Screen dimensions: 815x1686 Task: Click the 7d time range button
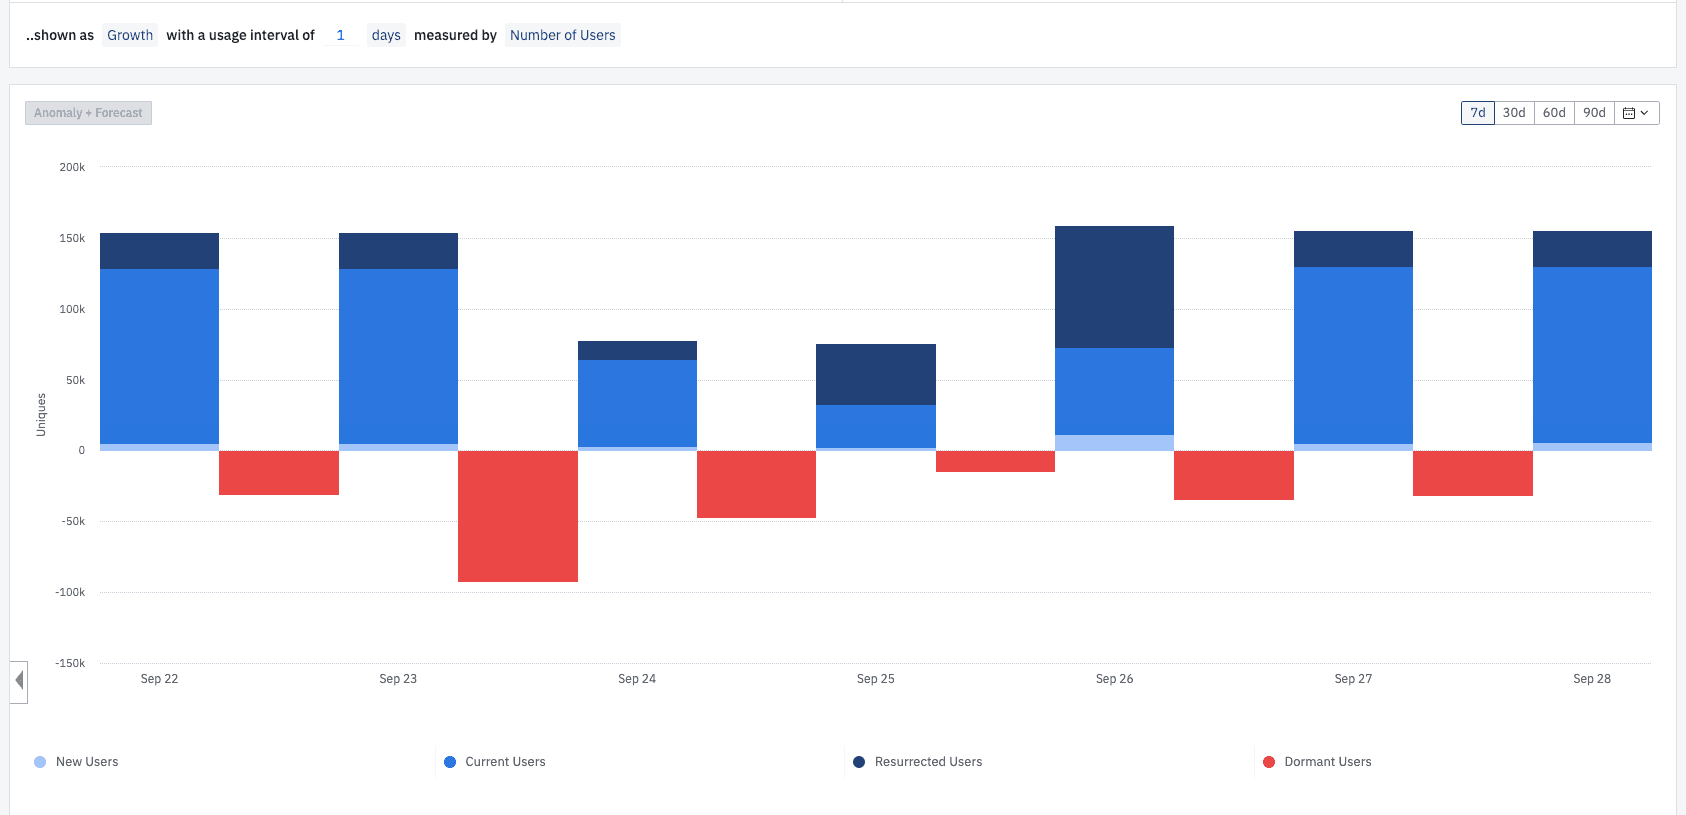tap(1477, 113)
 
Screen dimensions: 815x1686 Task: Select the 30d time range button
tap(1514, 113)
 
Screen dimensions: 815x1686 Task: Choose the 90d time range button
tap(1594, 113)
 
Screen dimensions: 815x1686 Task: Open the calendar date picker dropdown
tap(1636, 113)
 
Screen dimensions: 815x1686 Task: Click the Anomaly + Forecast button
tap(88, 113)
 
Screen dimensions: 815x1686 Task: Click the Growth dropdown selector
tap(130, 35)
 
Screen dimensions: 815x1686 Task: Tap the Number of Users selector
tap(562, 35)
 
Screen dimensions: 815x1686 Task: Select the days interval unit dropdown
tap(386, 35)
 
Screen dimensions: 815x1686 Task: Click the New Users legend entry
tap(86, 762)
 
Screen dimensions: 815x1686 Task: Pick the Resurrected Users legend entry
tap(927, 762)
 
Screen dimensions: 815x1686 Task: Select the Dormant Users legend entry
tap(1327, 762)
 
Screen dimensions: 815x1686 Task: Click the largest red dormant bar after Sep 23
tap(517, 516)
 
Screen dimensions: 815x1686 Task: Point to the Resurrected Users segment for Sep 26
tap(1114, 287)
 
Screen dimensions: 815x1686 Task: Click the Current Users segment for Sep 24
tap(637, 403)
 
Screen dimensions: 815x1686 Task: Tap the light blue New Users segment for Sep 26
tap(1114, 442)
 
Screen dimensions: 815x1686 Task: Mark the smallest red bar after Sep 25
tap(995, 461)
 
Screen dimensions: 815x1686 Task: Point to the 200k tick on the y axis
tap(72, 167)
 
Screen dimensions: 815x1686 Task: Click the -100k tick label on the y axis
tap(70, 592)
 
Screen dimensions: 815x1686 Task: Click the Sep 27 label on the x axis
tap(1352, 679)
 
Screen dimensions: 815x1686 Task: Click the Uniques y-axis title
tap(41, 414)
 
